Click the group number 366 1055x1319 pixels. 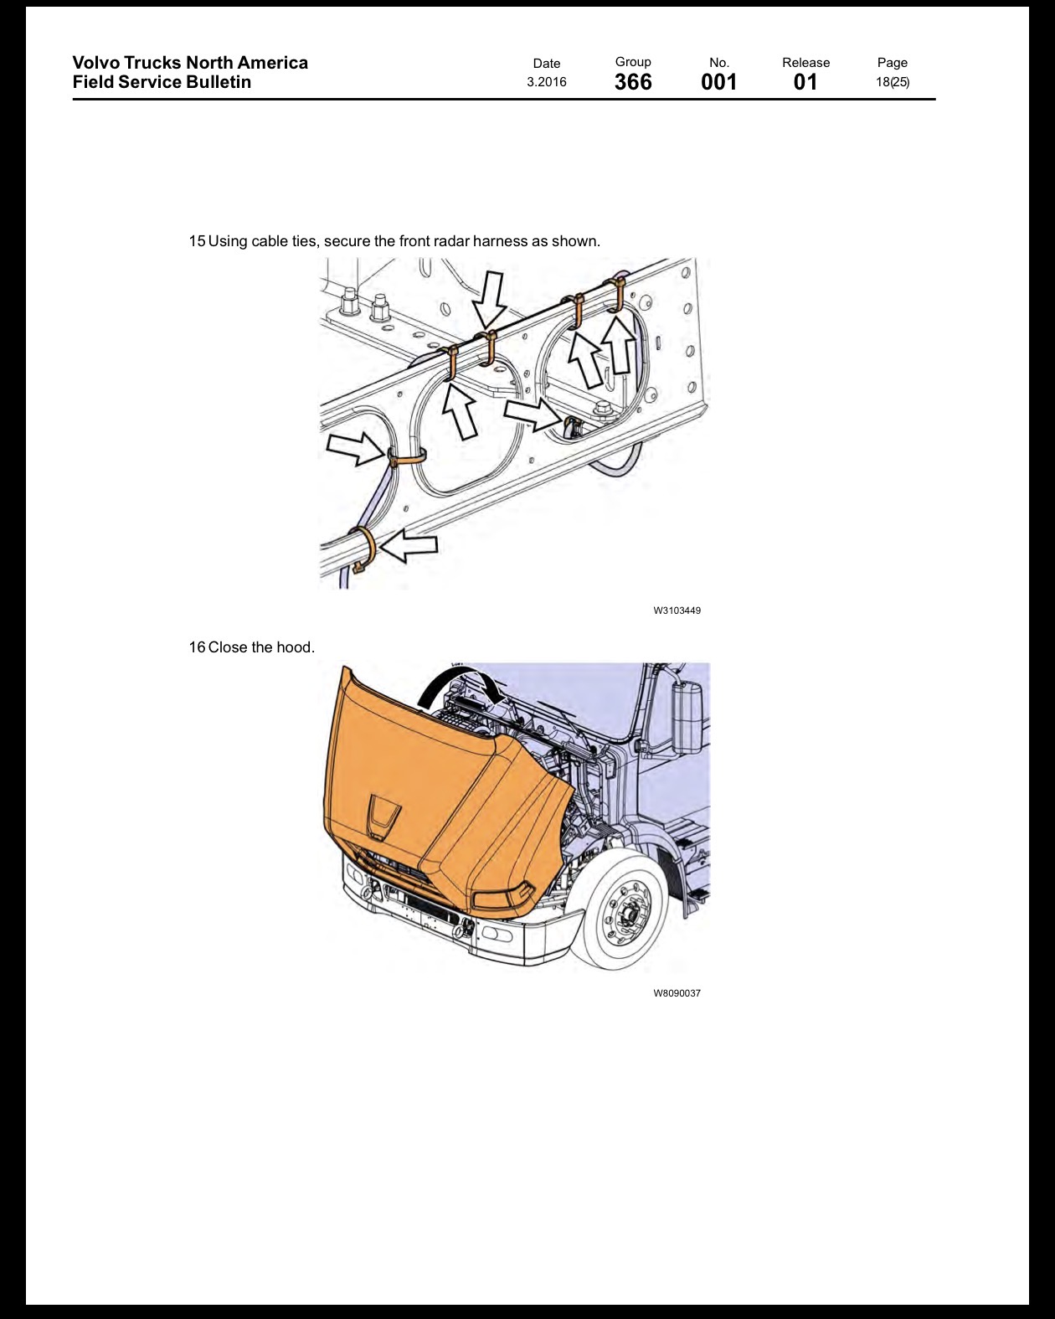[633, 82]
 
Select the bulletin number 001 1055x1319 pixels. [718, 82]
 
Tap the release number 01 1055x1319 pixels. [805, 82]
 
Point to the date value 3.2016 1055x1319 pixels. [546, 82]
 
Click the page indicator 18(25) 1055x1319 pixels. [892, 82]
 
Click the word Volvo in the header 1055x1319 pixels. [95, 63]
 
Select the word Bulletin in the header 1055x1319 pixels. [219, 82]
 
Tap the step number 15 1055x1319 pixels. [197, 241]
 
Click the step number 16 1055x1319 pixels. [197, 647]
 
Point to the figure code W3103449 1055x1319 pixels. [677, 611]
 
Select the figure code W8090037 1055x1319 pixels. [677, 993]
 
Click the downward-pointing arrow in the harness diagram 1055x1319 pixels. [489, 301]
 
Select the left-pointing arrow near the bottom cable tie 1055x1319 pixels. [409, 545]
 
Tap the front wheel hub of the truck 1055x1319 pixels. [626, 915]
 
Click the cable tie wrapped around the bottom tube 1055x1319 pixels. [365, 548]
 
